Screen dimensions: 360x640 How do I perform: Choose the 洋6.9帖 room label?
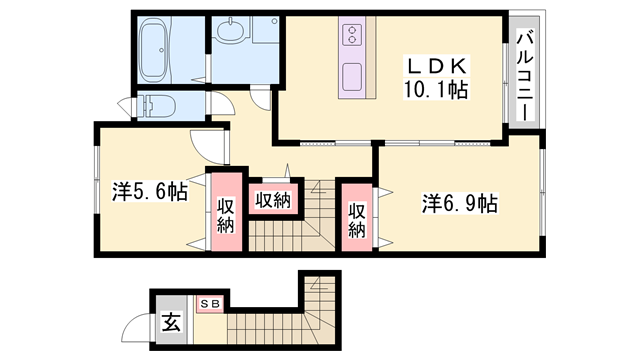[x=459, y=204]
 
